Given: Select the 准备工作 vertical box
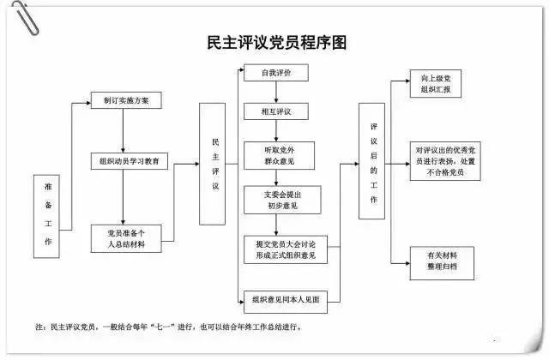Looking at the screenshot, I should (48, 216).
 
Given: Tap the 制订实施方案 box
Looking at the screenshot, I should (125, 100).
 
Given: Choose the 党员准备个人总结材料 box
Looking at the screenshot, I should (125, 237).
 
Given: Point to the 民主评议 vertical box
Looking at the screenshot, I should (215, 164).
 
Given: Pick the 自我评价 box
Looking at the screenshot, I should (276, 74).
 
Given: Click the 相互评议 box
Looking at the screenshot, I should (276, 112).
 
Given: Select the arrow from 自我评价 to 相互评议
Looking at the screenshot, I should (276, 93).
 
